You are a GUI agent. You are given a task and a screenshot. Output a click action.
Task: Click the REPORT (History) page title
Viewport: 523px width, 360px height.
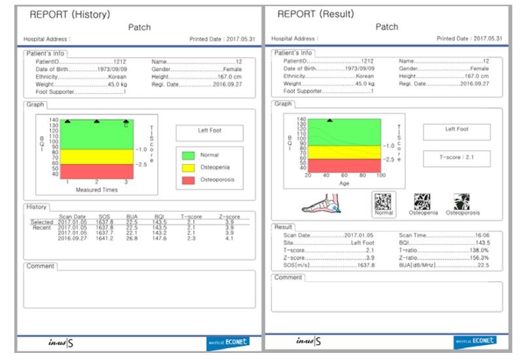(x=70, y=14)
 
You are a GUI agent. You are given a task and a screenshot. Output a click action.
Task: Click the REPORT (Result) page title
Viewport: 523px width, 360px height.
(x=316, y=14)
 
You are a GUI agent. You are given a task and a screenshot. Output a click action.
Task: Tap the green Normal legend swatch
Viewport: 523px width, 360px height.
(x=188, y=155)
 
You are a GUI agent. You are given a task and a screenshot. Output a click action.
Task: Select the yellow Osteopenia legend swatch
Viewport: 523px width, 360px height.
(x=188, y=167)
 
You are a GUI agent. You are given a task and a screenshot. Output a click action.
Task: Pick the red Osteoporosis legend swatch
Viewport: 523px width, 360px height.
(x=188, y=180)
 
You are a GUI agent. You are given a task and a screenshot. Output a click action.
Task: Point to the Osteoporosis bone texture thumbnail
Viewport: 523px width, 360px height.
(x=462, y=202)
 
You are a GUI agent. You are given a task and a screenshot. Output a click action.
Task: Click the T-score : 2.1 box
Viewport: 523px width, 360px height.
(x=456, y=157)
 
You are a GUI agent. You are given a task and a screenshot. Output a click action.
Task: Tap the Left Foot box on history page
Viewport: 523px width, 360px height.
(x=209, y=133)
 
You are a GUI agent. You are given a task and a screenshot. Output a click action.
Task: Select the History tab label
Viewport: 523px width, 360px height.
(x=37, y=206)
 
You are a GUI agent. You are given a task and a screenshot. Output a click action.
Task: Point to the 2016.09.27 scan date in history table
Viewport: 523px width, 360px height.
(x=72, y=239)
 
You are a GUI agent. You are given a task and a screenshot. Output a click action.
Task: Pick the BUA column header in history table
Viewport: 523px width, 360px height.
(x=132, y=216)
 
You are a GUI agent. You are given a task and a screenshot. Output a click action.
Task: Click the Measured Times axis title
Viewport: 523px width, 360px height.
(x=97, y=190)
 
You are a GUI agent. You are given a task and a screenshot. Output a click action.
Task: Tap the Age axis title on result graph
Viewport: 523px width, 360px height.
(x=345, y=184)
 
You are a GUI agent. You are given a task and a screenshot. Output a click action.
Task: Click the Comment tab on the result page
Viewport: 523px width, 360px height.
(x=288, y=277)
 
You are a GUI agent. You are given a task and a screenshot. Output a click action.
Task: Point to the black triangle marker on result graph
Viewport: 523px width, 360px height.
(x=329, y=121)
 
